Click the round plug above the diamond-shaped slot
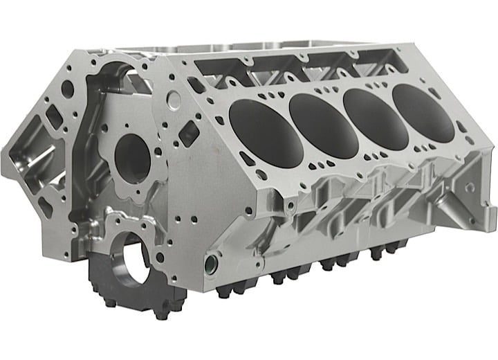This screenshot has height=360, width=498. click(174, 99)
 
